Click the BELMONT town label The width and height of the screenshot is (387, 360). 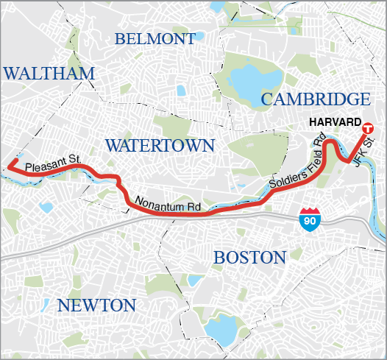155,38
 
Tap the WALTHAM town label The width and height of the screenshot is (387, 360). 49,73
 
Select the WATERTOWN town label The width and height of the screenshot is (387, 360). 159,145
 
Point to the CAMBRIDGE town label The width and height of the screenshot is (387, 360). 315,99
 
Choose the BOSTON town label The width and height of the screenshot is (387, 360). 249,258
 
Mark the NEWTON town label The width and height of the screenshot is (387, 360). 96,306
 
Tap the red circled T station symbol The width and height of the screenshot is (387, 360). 368,126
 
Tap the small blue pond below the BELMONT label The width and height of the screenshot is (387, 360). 181,91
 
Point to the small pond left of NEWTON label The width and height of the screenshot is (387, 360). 46,304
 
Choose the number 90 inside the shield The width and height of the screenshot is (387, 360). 310,219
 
